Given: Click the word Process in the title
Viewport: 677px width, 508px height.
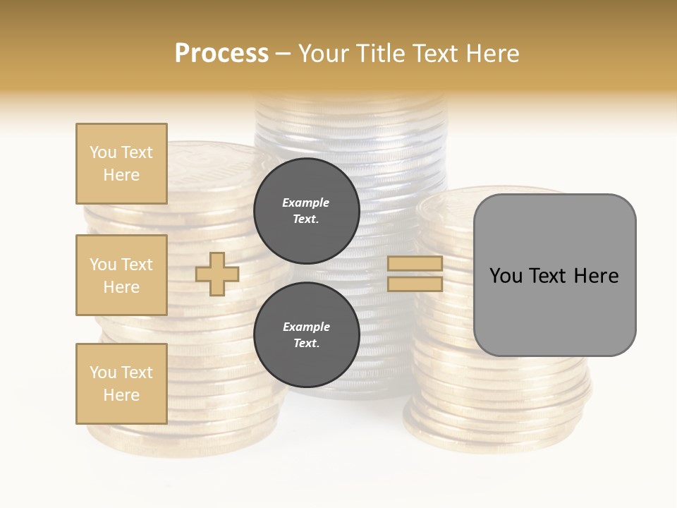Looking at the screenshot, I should click(x=221, y=54).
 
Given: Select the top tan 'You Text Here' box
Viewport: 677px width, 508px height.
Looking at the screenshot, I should click(x=121, y=164).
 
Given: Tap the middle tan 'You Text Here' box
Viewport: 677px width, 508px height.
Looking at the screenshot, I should click(x=121, y=275).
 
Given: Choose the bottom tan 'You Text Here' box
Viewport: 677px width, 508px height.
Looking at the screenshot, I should click(x=121, y=384).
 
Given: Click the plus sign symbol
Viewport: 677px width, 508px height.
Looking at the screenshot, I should click(x=217, y=274).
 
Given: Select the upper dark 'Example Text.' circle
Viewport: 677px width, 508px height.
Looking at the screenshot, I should click(x=306, y=211).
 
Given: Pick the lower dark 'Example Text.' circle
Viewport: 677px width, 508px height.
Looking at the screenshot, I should click(x=306, y=335).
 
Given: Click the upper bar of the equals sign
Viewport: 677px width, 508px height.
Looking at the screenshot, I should click(x=415, y=264).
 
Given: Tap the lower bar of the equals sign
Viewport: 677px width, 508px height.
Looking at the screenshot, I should click(x=415, y=284).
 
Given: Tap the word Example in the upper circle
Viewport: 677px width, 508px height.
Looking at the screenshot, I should click(x=305, y=203).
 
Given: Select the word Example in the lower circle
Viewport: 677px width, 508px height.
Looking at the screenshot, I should click(x=305, y=327).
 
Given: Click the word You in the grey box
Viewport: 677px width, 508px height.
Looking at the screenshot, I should click(x=506, y=276).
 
